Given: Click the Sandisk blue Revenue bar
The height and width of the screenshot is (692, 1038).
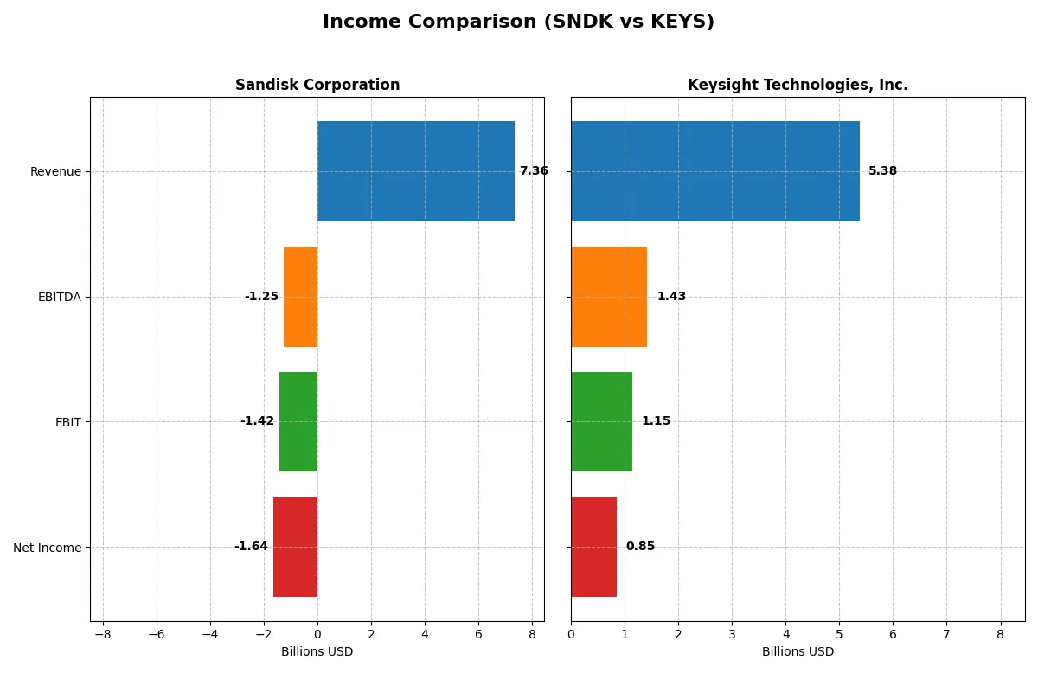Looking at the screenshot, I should click(x=415, y=171).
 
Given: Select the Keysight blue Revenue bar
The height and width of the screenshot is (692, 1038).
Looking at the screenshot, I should click(x=714, y=171).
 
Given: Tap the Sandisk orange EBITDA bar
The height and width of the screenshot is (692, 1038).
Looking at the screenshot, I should click(x=300, y=297).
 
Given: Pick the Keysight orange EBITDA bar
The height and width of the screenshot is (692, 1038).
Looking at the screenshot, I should click(x=609, y=297).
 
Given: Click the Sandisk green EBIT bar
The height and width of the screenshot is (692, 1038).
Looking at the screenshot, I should click(x=298, y=421).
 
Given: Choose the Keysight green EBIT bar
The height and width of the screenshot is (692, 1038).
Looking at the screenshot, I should click(x=601, y=421).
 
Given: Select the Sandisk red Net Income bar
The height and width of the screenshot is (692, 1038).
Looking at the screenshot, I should click(x=295, y=547).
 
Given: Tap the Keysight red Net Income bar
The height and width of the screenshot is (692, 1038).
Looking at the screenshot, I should click(x=593, y=547).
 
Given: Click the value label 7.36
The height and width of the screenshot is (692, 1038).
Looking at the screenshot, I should click(x=534, y=171).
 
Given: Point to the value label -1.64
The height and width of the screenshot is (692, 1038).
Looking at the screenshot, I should click(x=251, y=547).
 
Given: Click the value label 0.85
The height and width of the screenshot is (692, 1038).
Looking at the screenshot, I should click(x=640, y=547).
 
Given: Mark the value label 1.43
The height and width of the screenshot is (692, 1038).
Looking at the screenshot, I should click(x=671, y=297).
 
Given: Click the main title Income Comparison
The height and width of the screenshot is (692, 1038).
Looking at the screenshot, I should click(x=518, y=22).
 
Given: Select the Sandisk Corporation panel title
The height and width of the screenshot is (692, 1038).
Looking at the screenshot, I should click(x=317, y=86).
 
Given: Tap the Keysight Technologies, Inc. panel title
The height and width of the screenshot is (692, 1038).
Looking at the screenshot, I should click(x=798, y=86).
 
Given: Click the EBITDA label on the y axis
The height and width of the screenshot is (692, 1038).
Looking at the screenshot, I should click(x=60, y=297).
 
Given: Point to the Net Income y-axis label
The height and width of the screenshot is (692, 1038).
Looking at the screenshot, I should click(x=48, y=548).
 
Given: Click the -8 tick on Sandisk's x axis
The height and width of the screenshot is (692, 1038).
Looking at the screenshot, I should click(x=103, y=634).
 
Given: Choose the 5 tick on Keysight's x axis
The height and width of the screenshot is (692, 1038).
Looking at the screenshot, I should click(x=839, y=634).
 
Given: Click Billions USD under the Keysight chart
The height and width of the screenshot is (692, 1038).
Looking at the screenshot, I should click(x=798, y=652).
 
